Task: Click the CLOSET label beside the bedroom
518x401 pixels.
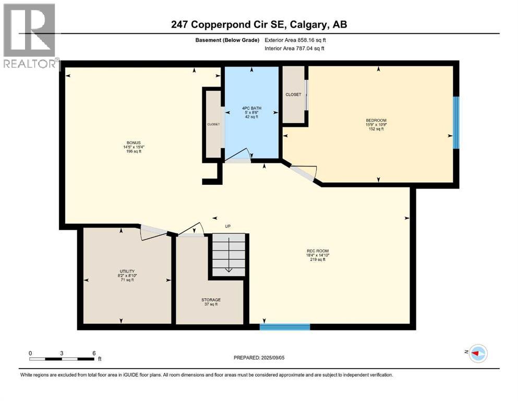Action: (293, 95)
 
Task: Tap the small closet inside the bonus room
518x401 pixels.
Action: (213, 124)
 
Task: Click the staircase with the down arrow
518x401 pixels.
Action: (228, 254)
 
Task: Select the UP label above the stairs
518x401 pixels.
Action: (227, 226)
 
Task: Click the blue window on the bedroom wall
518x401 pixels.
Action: (456, 122)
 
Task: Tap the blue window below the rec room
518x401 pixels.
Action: (285, 327)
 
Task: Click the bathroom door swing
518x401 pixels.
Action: (238, 156)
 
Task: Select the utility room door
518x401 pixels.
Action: (154, 231)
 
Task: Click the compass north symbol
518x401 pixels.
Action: (477, 353)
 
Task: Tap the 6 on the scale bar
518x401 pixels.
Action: (94, 353)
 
